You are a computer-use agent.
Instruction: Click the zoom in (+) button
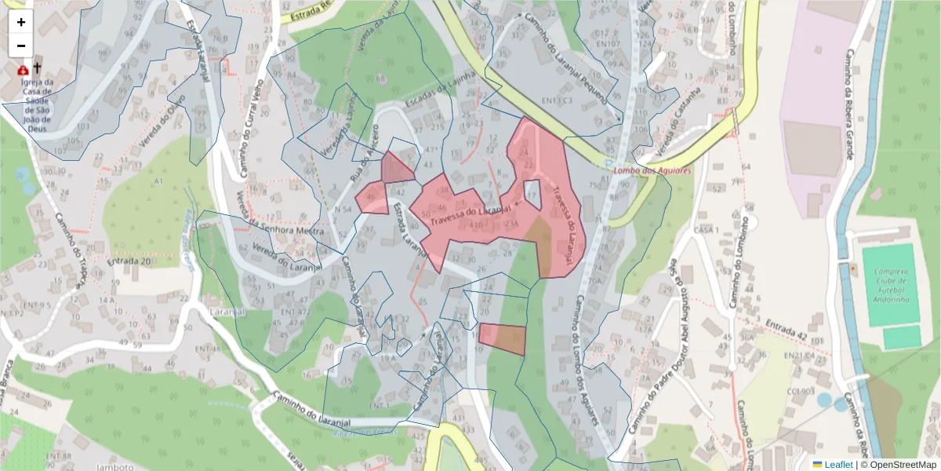pos(21,22)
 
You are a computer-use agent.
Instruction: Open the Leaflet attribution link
pos(838,465)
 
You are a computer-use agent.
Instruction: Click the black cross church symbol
pos(37,68)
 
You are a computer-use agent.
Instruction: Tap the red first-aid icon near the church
pos(23,70)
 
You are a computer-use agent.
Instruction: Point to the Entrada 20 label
pos(129,261)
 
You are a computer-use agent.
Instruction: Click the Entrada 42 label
pos(786,326)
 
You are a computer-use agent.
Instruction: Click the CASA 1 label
pos(707,229)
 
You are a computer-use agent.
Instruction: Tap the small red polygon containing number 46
pos(372,198)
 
